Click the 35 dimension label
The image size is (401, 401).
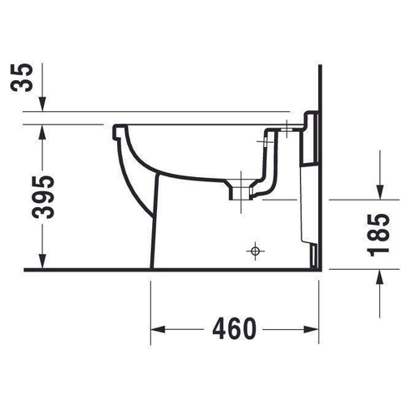tap(22, 78)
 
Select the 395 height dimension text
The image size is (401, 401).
tap(43, 197)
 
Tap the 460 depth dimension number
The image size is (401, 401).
tap(234, 329)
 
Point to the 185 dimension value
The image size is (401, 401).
tap(378, 235)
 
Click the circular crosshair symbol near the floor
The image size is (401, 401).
tap(255, 251)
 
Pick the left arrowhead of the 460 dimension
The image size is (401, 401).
tap(158, 329)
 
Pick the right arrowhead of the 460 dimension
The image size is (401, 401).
tap(312, 329)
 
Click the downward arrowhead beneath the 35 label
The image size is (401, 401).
tap(43, 104)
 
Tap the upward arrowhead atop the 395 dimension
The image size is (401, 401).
tap(43, 132)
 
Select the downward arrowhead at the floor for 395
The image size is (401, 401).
tap(43, 262)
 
